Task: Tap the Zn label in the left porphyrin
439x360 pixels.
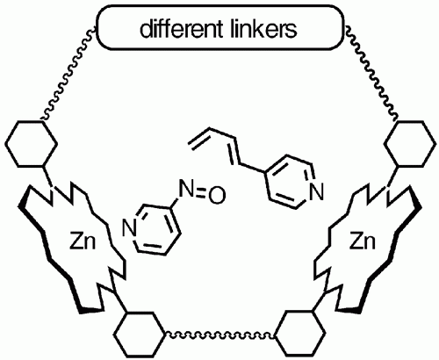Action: [x=83, y=242]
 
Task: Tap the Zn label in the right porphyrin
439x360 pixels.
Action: [x=363, y=242]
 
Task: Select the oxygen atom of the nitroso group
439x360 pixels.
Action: [x=217, y=195]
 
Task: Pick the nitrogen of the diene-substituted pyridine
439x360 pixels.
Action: [x=316, y=191]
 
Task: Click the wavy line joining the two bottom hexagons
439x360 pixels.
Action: [x=219, y=335]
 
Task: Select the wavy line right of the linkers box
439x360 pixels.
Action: [x=371, y=73]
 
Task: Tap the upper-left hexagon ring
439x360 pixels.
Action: [x=31, y=143]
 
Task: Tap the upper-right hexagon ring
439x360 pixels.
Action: [x=408, y=143]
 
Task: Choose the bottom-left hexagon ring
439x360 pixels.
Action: [x=139, y=335]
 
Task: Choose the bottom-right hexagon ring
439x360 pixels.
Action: [x=300, y=335]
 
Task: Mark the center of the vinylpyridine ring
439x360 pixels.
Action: [x=291, y=183]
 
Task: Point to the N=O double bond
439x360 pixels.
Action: [x=201, y=192]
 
